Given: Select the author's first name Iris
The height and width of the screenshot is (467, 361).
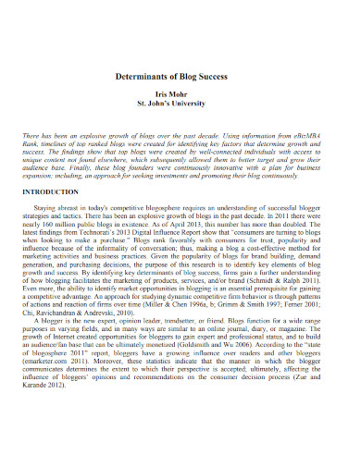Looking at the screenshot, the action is point(170,93).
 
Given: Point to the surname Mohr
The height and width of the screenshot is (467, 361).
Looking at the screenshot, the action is point(192,93).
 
